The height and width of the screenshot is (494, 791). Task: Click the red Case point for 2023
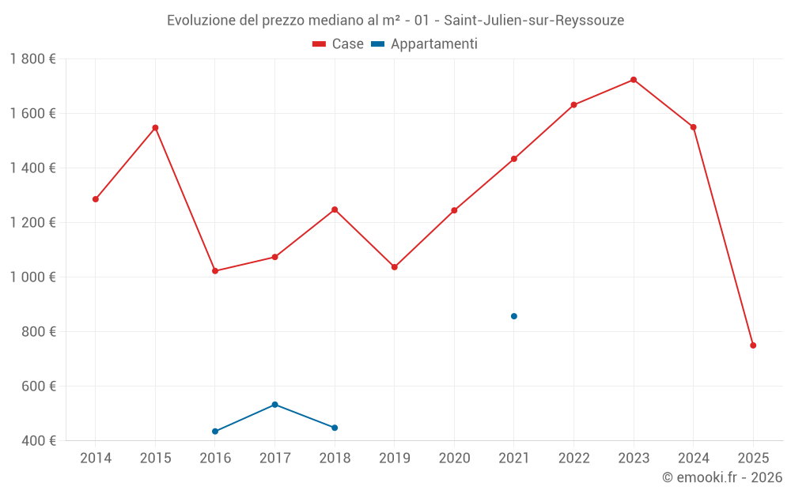634,80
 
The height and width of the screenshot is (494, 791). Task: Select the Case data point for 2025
753,345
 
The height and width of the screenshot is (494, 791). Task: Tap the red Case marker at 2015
155,127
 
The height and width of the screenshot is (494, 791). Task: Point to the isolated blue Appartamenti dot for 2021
514,316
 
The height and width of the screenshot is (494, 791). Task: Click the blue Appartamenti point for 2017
274,405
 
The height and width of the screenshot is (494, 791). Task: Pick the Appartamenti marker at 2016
215,432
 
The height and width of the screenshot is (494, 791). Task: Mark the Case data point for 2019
395,267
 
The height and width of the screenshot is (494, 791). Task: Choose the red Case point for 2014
96,199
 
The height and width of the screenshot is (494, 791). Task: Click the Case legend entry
339,44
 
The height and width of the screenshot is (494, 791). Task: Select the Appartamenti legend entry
425,44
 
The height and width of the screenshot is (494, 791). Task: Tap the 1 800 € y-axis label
32,59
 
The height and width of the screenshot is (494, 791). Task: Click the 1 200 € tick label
32,223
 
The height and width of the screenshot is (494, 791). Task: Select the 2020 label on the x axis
454,458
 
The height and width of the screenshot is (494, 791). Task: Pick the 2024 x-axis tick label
694,458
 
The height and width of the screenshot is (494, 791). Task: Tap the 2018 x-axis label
335,458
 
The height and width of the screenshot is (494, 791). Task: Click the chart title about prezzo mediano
395,21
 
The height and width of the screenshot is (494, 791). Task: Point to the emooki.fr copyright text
721,477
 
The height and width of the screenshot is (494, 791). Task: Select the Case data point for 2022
573,105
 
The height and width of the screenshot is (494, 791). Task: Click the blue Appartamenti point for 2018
335,428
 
